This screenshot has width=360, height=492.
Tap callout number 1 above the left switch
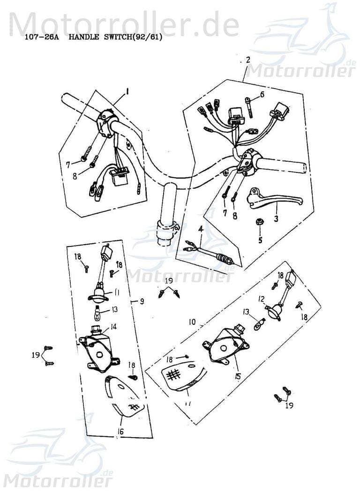point(127,90)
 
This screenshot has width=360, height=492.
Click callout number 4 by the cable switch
point(201,229)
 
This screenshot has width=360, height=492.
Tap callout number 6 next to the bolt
point(262,94)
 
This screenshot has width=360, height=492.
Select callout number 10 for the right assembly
point(192,322)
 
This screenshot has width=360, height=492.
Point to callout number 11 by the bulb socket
point(116,293)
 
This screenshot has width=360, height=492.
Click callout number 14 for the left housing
point(113,327)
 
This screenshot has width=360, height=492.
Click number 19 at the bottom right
point(290,405)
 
